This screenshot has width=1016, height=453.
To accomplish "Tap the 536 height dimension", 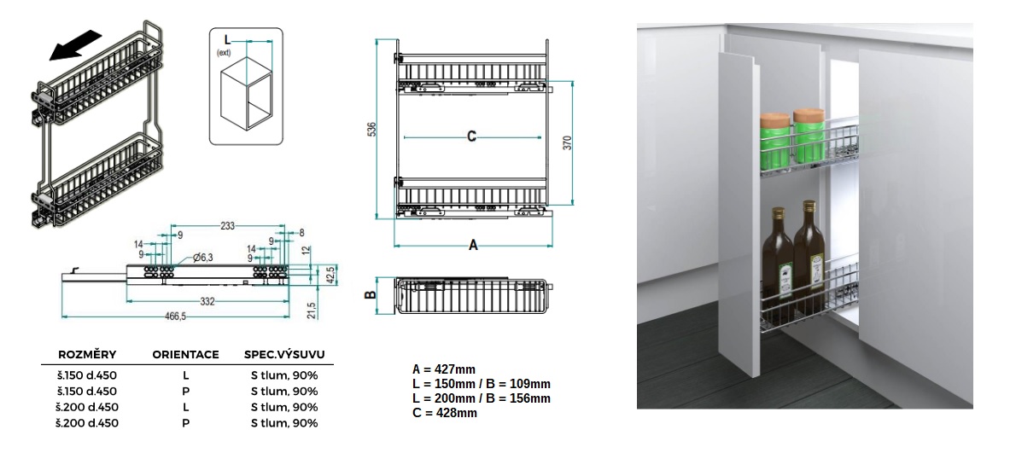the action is click(371, 129).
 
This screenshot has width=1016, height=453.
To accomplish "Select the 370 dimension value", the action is click(567, 142).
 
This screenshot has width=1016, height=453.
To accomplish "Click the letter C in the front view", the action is click(471, 136).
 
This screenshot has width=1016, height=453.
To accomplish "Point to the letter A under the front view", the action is click(473, 245).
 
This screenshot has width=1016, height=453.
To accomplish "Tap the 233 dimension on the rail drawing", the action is click(227, 225).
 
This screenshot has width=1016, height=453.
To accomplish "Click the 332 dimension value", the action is click(207, 301).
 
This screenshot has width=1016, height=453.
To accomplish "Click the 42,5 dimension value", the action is click(330, 275).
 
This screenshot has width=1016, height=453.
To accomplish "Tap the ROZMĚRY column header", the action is click(87, 354).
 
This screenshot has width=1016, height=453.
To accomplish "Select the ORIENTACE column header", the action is click(185, 355).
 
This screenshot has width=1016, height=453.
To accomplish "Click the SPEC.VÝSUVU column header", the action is click(284, 354).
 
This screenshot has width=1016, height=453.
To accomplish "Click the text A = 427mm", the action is click(444, 369).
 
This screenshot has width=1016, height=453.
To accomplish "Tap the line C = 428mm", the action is click(445, 412).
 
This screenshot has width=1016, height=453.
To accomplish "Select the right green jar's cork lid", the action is click(809, 117).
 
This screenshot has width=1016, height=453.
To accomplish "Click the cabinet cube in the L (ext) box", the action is click(246, 96).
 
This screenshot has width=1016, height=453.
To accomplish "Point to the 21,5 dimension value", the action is click(312, 310).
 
